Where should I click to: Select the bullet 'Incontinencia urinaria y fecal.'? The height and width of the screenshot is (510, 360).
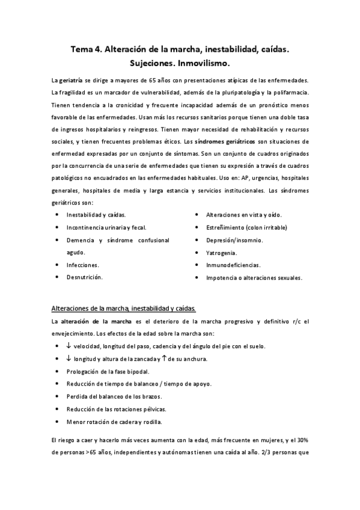[106, 227]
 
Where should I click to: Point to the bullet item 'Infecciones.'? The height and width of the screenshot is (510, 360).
[83, 265]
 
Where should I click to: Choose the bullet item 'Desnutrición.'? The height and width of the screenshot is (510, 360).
[84, 277]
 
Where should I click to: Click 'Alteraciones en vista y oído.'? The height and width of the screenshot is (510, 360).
[244, 215]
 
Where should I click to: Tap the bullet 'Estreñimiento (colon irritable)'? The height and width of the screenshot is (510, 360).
[246, 227]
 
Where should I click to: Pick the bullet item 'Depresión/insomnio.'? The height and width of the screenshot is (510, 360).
[234, 240]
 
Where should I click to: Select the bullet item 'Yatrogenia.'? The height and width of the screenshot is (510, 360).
[221, 253]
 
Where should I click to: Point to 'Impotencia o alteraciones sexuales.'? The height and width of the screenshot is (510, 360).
[254, 278]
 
